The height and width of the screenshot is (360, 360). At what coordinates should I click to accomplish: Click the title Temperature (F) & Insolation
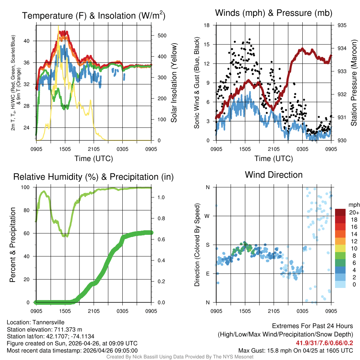pyautogui.click(x=94, y=15)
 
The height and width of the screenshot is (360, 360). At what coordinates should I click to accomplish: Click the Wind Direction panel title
pyautogui.click(x=274, y=174)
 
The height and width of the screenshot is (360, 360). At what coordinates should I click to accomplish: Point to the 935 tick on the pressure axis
pyautogui.click(x=342, y=25)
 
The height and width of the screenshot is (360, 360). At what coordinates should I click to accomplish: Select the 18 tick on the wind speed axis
pyautogui.click(x=207, y=25)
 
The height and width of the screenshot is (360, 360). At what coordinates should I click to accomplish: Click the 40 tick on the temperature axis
pyautogui.click(x=31, y=41)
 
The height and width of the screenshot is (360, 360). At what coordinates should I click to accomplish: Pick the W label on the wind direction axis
pyautogui.click(x=207, y=216)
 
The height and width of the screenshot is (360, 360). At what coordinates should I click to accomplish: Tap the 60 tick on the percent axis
pyautogui.click(x=29, y=233)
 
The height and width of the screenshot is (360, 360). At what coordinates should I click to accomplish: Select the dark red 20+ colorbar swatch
pyautogui.click(x=340, y=212)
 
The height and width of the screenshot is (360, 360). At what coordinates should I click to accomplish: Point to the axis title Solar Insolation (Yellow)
pyautogui.click(x=174, y=83)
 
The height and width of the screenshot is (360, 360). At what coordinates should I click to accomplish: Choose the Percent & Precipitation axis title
pyautogui.click(x=13, y=245)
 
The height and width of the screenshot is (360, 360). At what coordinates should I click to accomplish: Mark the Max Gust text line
pyautogui.click(x=296, y=350)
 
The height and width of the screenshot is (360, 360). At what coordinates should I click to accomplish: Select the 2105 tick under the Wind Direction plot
pyautogui.click(x=274, y=311)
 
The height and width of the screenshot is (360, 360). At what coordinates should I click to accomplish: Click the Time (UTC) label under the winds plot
pyautogui.click(x=274, y=159)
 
